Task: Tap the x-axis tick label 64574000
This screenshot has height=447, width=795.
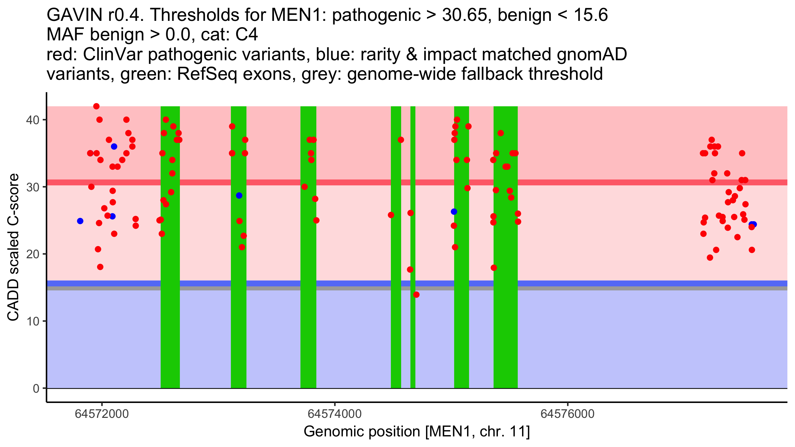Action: pyautogui.click(x=335, y=414)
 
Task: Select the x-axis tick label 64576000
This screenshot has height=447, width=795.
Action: pyautogui.click(x=567, y=414)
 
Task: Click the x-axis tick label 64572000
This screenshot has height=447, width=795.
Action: pyautogui.click(x=102, y=414)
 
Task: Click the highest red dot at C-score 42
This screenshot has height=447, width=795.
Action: pyautogui.click(x=96, y=106)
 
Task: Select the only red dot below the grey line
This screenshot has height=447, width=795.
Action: pyautogui.click(x=416, y=295)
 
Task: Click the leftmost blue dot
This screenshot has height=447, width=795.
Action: pyautogui.click(x=80, y=221)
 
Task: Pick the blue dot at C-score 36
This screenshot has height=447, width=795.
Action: pyautogui.click(x=114, y=146)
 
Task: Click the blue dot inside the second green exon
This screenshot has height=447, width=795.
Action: pyautogui.click(x=239, y=196)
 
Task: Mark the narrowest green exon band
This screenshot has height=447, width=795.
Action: pyautogui.click(x=413, y=331)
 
